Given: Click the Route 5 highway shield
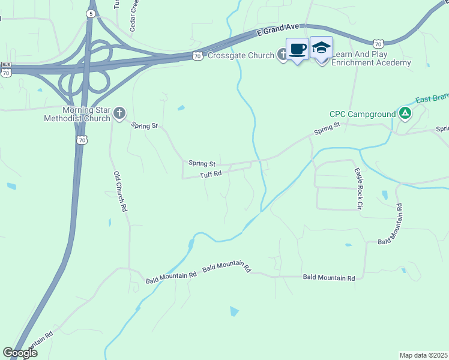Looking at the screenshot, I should (90, 13).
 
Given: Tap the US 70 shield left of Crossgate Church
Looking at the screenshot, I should (197, 56).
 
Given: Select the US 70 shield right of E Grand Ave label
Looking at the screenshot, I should (378, 43).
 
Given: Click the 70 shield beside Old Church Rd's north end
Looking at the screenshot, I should (82, 139).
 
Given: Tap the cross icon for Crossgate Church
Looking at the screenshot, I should (282, 55).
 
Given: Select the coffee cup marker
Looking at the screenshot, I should (297, 49).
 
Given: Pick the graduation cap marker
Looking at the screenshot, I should (321, 48).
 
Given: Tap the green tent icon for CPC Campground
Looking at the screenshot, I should (405, 113).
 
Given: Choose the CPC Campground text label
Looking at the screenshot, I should (363, 114).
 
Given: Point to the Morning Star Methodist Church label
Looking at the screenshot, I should (78, 114).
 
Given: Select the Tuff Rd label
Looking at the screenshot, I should (211, 174).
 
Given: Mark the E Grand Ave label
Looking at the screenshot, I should (277, 31).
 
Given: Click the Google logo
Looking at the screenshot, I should (20, 353).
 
